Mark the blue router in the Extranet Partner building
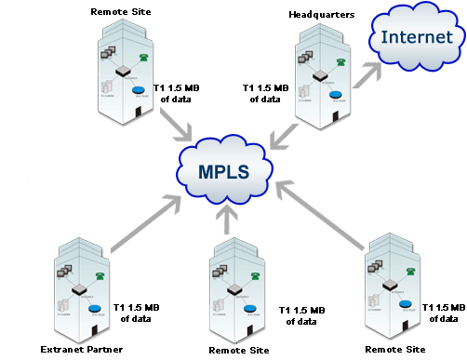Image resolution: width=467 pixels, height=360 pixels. [x=94, y=307]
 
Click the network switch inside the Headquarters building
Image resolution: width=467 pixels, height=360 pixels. [x=320, y=75]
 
